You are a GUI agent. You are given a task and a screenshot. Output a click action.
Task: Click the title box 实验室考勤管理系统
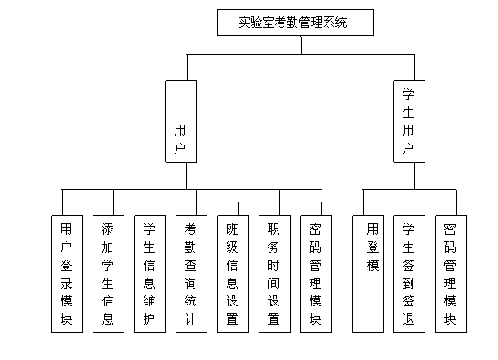click(295, 22)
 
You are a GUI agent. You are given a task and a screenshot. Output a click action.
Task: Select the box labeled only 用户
click(181, 121)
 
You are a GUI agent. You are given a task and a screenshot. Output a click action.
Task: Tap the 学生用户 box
click(409, 121)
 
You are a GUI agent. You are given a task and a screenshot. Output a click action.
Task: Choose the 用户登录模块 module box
click(67, 273)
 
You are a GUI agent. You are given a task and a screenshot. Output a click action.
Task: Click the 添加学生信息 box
click(108, 273)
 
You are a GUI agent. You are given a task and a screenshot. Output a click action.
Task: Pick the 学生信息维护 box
click(150, 273)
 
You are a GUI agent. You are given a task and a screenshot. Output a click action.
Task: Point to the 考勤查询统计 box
click(191, 273)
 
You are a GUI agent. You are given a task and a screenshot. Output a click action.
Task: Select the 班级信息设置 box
click(233, 273)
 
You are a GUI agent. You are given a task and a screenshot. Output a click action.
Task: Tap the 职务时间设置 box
click(274, 273)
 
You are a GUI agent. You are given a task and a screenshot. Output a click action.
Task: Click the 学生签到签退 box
click(409, 273)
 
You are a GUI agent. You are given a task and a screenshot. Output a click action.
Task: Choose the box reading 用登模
click(368, 273)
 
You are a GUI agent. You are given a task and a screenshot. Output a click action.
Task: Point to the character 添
click(108, 229)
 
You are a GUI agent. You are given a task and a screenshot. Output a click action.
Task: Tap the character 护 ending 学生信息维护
click(150, 319)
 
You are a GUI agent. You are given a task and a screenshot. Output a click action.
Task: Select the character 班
click(233, 229)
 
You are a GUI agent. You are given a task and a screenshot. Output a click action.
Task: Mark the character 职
click(274, 229)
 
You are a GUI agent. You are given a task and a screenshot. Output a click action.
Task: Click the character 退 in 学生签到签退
click(409, 319)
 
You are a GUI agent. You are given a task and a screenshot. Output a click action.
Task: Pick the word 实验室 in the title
click(259, 22)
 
